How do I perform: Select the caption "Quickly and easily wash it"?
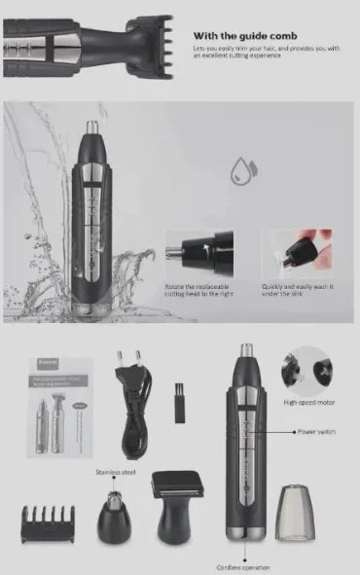click(x=297, y=291)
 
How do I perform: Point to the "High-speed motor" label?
click(x=309, y=402)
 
